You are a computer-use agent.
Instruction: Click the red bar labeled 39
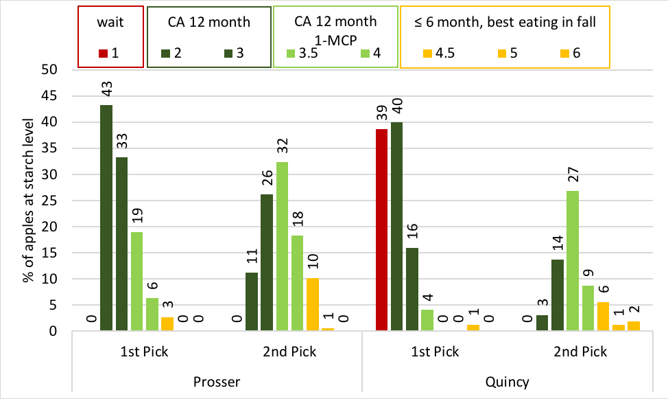coord(382,229)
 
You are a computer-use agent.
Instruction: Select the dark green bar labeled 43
coord(106,218)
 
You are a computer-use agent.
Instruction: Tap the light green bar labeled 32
coord(282,247)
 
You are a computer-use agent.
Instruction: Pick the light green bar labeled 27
coord(573,261)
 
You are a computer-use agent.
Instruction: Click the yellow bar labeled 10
coord(312,304)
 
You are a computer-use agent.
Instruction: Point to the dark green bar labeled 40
coord(396,226)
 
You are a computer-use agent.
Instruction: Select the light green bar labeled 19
coord(136,281)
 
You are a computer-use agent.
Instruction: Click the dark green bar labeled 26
coord(267,262)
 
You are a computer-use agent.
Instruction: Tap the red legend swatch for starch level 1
coord(103,54)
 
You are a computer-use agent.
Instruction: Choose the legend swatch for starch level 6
coord(565,54)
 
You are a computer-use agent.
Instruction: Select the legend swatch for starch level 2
coord(166,54)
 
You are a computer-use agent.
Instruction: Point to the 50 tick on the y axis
coord(49,69)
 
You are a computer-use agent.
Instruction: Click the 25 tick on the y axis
coord(49,201)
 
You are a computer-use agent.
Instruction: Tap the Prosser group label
coord(217,382)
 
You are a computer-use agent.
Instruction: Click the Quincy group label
coord(507,382)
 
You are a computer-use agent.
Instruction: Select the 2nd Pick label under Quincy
coord(580,352)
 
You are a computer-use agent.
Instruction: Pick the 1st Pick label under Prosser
coord(145,352)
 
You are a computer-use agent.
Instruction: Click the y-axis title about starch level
coord(28,200)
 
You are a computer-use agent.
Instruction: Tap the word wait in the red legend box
coord(110,22)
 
